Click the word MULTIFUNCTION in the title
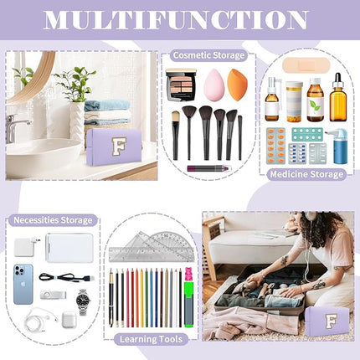point(180,20)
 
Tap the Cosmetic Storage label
point(208,55)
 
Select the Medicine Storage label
point(306,174)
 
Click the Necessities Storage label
point(52,220)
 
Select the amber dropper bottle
point(337,100)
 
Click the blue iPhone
point(24,283)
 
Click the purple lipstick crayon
point(206,168)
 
